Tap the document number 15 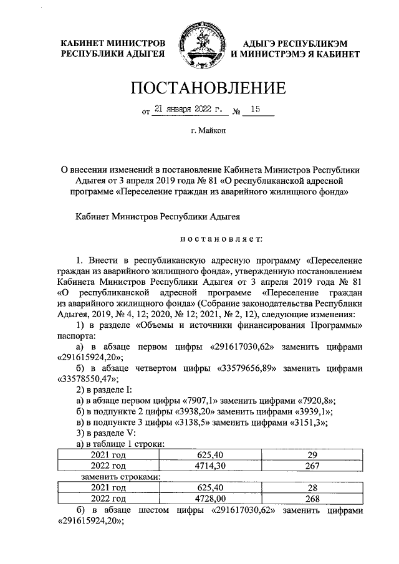254,111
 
